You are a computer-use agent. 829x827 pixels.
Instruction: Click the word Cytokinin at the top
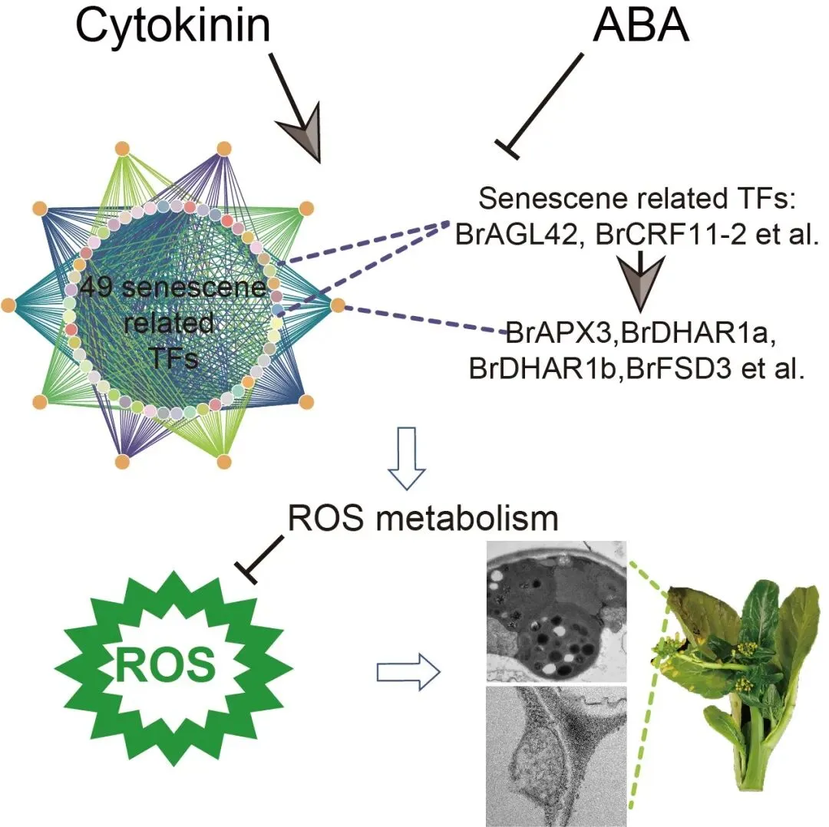173,28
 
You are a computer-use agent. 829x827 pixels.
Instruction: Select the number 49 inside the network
97,289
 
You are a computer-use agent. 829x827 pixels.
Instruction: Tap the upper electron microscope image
557,610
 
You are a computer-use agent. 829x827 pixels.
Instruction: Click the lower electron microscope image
557,756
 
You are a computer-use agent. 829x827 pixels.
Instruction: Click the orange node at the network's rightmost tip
338,305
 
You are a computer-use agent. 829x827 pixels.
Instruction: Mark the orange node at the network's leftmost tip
8,305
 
